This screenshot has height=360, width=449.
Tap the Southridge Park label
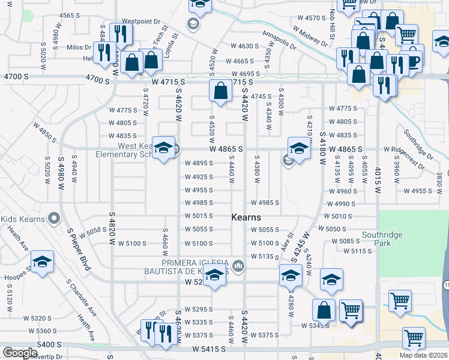point(382,239)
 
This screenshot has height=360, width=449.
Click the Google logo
point(19,353)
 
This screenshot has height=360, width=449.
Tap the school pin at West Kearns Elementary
point(163,148)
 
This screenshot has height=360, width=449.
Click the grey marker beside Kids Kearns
point(53,219)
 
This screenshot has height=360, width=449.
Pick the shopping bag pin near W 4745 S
point(221,91)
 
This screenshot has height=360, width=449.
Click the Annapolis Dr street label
point(279,41)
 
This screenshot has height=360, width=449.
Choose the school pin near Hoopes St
point(42,262)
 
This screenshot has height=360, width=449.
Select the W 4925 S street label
point(199,177)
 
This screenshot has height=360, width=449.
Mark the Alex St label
point(286,244)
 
